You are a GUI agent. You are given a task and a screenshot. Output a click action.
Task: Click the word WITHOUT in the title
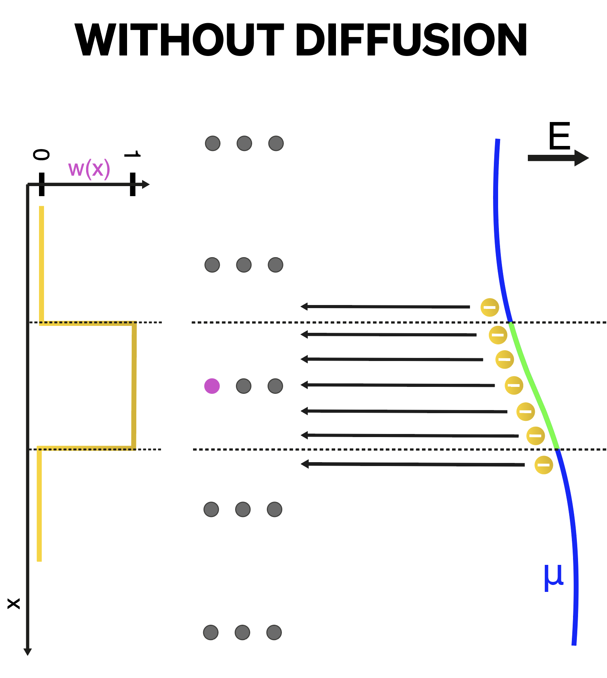[180, 40]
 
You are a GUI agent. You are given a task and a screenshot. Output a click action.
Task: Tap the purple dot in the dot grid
[212, 386]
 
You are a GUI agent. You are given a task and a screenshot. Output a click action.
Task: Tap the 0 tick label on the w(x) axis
[41, 155]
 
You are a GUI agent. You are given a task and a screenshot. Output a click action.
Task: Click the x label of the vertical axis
[14, 603]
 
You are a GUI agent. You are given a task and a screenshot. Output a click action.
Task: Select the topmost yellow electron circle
[490, 307]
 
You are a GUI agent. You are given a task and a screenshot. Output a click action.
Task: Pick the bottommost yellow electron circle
[543, 464]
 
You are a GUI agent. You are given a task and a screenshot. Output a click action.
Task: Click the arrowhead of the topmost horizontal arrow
[304, 307]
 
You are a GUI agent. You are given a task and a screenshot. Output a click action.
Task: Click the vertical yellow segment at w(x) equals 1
[134, 386]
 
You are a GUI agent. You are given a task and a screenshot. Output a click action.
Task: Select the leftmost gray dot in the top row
[213, 143]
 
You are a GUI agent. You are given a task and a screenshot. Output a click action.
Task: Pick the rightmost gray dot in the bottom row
[274, 632]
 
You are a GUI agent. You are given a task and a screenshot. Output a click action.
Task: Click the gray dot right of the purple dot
[244, 386]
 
